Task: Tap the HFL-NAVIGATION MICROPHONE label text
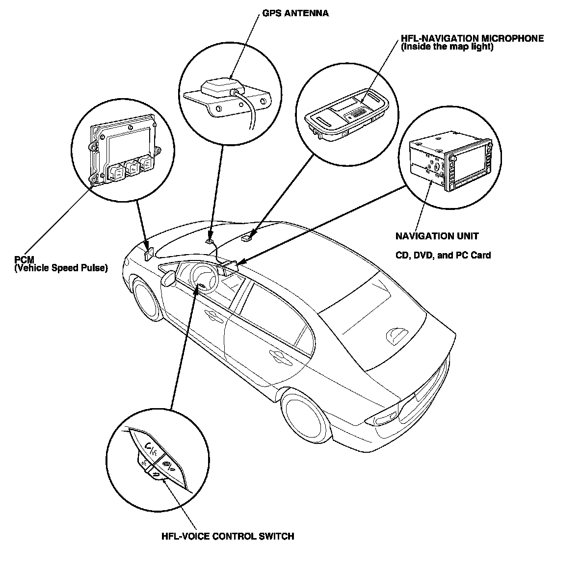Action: pyautogui.click(x=472, y=38)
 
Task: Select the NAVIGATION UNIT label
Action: pyautogui.click(x=437, y=236)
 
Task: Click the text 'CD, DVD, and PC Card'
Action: pyautogui.click(x=443, y=255)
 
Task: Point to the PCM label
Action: pyautogui.click(x=24, y=260)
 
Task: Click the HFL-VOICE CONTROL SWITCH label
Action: pyautogui.click(x=228, y=536)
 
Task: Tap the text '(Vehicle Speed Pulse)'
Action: pyautogui.click(x=61, y=268)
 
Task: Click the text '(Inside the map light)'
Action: pyautogui.click(x=447, y=47)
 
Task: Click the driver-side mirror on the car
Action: pyautogui.click(x=169, y=278)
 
